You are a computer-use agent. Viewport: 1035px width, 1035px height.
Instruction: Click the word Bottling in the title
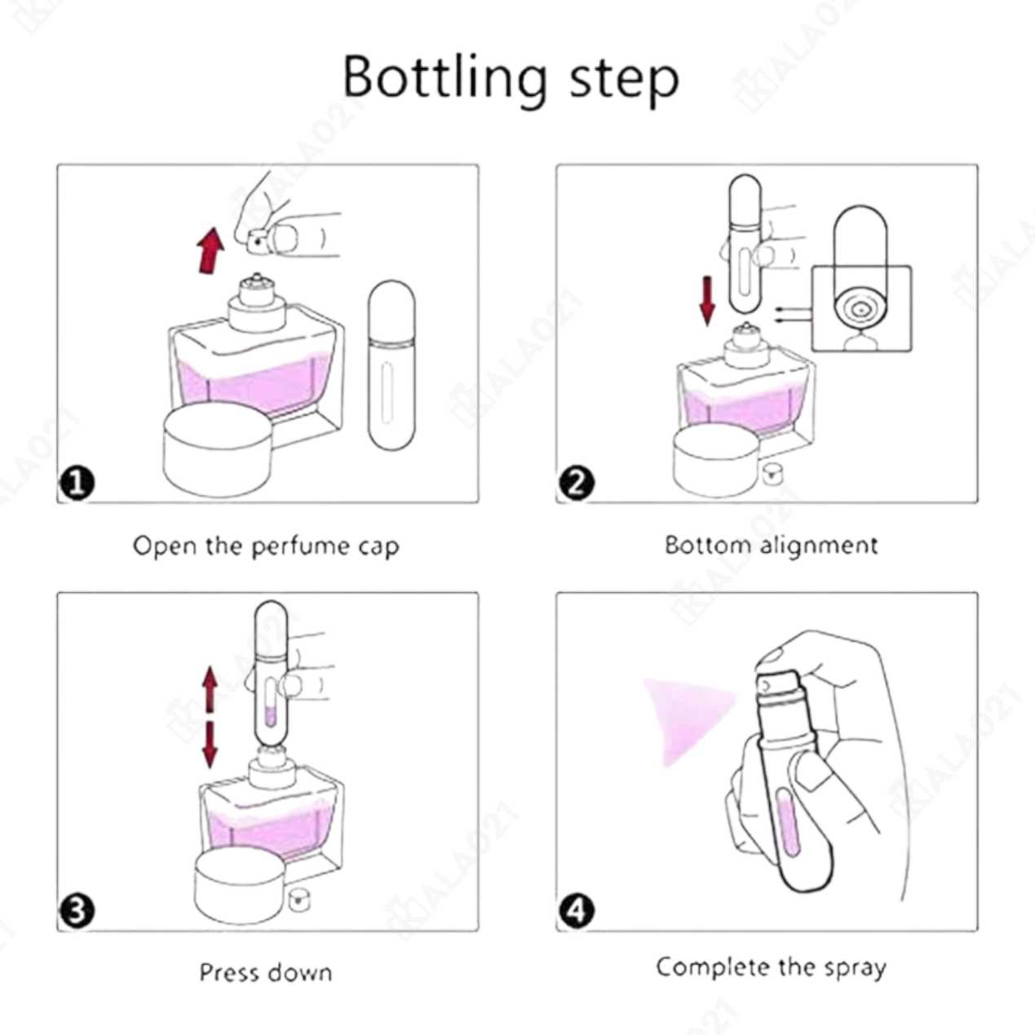tap(445, 77)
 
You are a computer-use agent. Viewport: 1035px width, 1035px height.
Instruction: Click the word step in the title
tap(624, 81)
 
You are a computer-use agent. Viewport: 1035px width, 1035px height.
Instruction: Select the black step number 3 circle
tap(77, 911)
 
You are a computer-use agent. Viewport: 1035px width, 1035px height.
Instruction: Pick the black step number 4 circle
tap(577, 911)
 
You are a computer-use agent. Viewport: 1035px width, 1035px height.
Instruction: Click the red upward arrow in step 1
tap(210, 250)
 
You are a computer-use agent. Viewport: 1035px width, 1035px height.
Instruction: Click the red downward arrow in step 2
tap(707, 301)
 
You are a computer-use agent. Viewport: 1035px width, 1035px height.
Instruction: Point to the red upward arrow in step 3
tap(210, 690)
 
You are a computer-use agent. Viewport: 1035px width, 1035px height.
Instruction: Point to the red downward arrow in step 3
tap(210, 745)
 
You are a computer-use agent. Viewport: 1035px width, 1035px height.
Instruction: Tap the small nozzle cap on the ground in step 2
tap(772, 473)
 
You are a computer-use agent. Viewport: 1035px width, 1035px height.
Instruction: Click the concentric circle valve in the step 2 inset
tap(861, 310)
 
